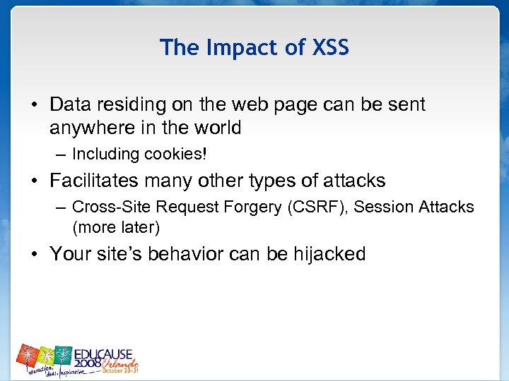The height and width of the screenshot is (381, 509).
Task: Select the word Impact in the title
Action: (233, 47)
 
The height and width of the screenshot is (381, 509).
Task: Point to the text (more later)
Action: (116, 227)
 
